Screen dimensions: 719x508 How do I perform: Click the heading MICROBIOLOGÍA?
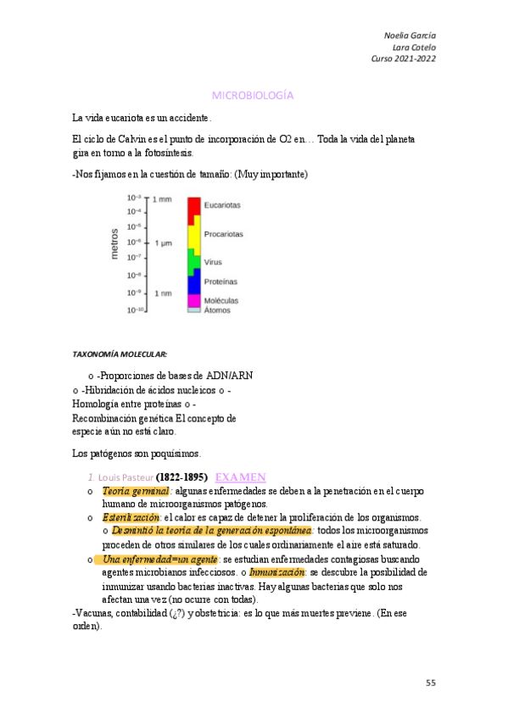coord(252,96)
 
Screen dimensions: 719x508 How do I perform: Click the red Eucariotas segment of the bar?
coord(193,206)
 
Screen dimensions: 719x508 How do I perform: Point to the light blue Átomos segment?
coord(193,310)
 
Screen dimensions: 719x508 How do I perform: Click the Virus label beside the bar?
coord(214,262)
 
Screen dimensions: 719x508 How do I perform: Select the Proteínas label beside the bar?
coord(221,281)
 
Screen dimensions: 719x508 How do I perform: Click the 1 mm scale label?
coord(161,198)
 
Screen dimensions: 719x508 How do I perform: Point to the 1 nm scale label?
coord(161,293)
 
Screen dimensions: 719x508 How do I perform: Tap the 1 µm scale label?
coord(163,243)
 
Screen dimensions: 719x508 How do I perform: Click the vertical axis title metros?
coord(114,242)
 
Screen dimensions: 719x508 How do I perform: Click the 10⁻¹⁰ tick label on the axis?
coord(135,310)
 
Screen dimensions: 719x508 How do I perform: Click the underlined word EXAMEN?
coord(241,477)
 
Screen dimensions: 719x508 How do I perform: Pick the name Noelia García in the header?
coord(410,35)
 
